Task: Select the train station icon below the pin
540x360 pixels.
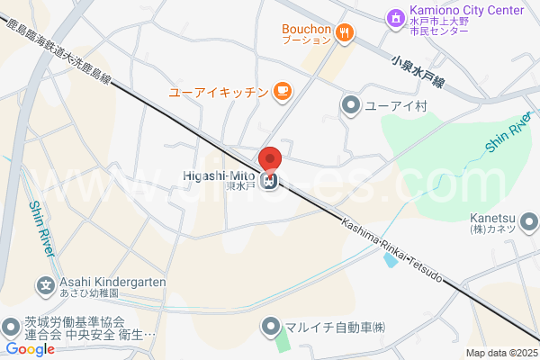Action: tap(269, 182)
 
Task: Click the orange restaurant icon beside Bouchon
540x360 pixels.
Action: tap(344, 34)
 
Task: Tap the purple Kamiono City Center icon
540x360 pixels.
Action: tap(394, 16)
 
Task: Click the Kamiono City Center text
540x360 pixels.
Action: tap(454, 11)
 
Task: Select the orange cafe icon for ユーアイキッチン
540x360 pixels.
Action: tap(282, 90)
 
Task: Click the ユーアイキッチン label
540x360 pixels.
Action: tap(219, 92)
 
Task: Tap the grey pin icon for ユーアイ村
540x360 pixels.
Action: tap(350, 106)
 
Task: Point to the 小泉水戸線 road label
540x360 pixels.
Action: tap(419, 70)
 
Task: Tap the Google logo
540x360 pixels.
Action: tap(30, 349)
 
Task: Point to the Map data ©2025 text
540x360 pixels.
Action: tap(501, 353)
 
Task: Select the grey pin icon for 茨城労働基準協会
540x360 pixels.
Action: tap(10, 326)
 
